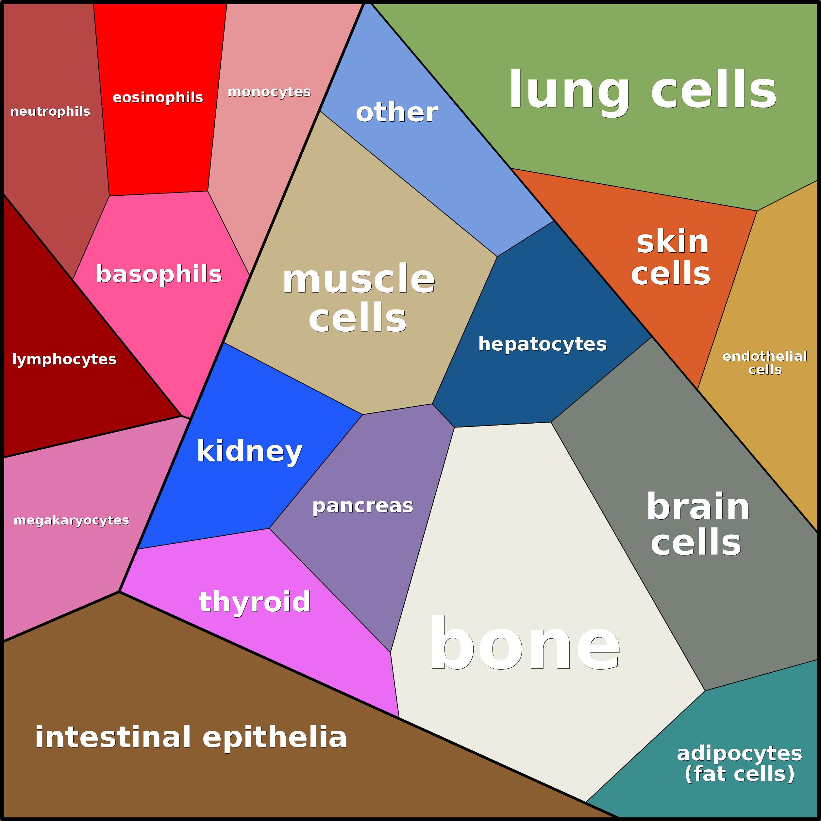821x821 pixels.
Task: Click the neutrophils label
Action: [50, 111]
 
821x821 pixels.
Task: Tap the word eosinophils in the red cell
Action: [158, 97]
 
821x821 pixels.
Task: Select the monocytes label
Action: [269, 92]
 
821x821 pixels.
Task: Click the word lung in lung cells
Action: [569, 90]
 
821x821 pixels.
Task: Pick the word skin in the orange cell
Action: [672, 242]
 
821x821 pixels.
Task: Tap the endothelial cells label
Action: [764, 362]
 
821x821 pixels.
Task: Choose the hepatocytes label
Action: [542, 344]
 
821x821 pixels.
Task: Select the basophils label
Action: [159, 274]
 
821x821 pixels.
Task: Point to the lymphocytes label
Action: [64, 360]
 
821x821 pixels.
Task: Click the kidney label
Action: [249, 451]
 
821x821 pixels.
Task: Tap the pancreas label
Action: [362, 506]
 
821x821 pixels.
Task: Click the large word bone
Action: [524, 644]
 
